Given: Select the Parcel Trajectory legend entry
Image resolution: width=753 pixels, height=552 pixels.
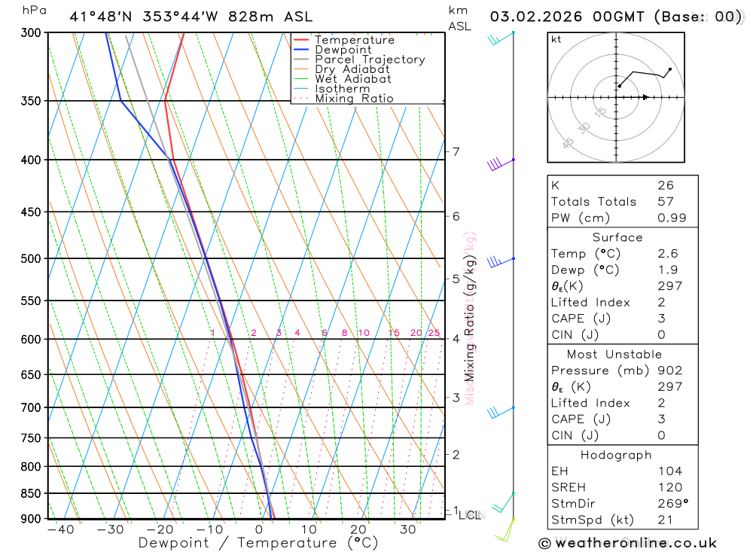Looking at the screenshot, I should tap(370, 59).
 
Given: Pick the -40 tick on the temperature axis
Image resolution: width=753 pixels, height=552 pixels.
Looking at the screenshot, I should tap(60, 529).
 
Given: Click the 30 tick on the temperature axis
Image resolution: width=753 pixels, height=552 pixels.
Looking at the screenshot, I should tap(407, 529).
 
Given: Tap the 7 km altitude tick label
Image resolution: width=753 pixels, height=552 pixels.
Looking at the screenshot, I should tap(456, 151).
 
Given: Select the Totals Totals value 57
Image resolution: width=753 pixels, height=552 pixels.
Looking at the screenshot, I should tap(665, 201).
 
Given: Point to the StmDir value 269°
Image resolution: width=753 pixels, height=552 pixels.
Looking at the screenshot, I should tap(672, 503).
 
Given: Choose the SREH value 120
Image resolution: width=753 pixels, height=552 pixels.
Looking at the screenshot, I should tap(669, 487).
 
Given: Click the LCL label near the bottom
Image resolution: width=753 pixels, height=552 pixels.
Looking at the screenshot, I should tap(470, 516).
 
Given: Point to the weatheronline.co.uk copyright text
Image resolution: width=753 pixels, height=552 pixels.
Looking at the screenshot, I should tap(627, 542).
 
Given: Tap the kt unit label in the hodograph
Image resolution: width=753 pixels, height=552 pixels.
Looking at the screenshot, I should tap(556, 39).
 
